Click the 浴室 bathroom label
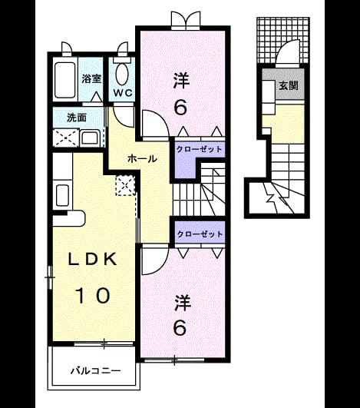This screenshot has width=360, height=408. pyautogui.click(x=91, y=78)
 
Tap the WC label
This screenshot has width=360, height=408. pyautogui.click(x=123, y=93)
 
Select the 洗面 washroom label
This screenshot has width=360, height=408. pyautogui.click(x=77, y=118)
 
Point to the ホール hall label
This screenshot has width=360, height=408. pyautogui.click(x=143, y=158)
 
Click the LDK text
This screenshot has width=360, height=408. pyautogui.click(x=92, y=259)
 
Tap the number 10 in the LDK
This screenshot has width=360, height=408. pyautogui.click(x=93, y=295)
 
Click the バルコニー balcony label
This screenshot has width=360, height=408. pyautogui.click(x=96, y=370)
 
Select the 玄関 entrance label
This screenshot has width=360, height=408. pyautogui.click(x=289, y=85)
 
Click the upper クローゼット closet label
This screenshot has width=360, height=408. pyautogui.click(x=199, y=149)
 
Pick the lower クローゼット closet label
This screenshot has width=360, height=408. pyautogui.click(x=200, y=234)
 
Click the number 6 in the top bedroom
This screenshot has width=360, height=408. pyautogui.click(x=180, y=108)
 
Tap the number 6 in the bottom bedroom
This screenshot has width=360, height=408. pyautogui.click(x=180, y=327)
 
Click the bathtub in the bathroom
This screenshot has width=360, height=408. pyautogui.click(x=64, y=80)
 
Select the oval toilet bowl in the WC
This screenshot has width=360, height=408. pyautogui.click(x=122, y=74)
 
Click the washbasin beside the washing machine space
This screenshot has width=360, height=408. pyautogui.click(x=90, y=138)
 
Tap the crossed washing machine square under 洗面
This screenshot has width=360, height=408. pyautogui.click(x=65, y=138)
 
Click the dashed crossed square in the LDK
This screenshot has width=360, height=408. pyautogui.click(x=126, y=185)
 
